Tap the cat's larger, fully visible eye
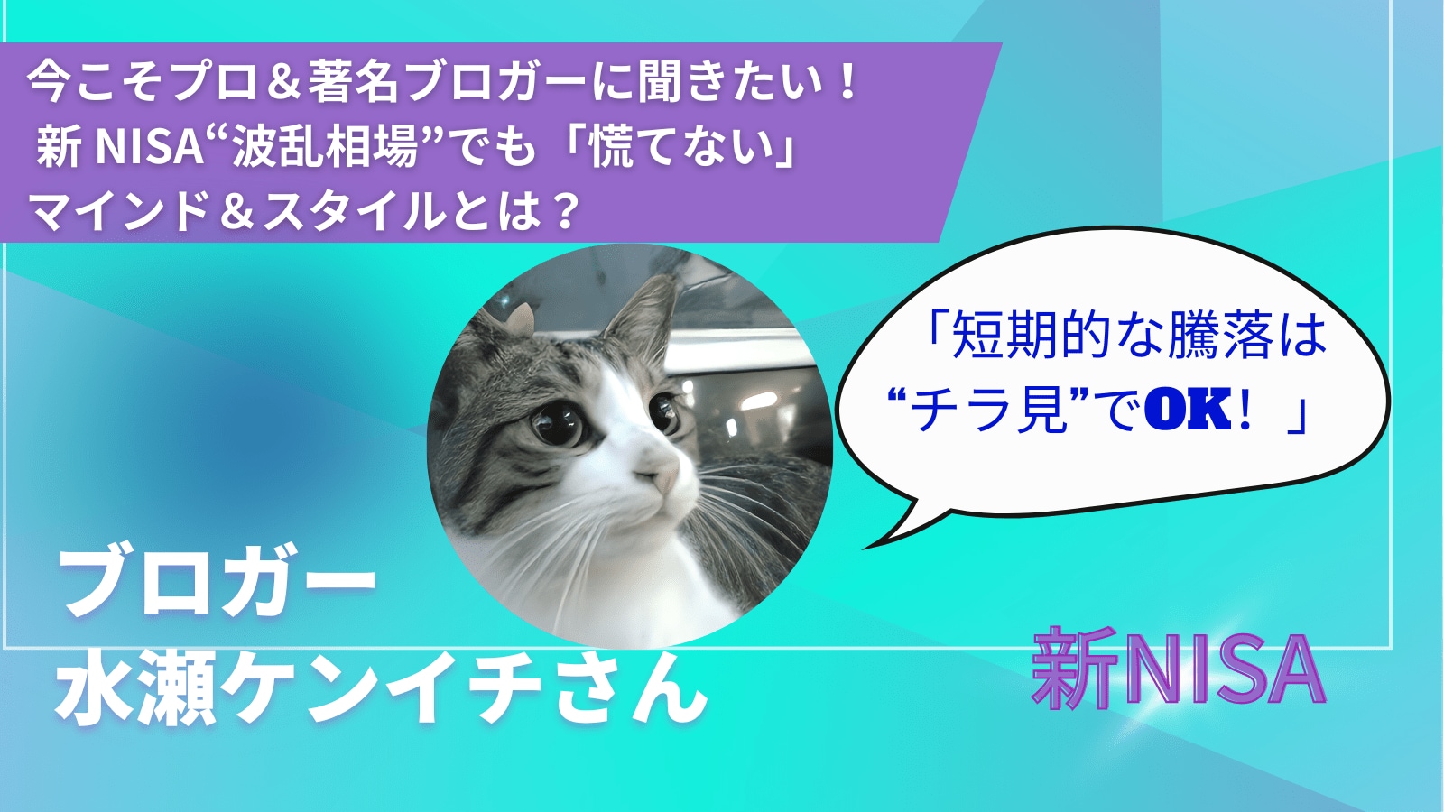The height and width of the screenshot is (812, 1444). click(x=556, y=423)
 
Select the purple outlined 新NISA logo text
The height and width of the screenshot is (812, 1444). click(x=1179, y=669)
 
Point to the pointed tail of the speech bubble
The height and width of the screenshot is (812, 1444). click(x=865, y=548)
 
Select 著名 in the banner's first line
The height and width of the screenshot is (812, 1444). click(x=352, y=85)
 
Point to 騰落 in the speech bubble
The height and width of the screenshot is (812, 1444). click(x=1222, y=337)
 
